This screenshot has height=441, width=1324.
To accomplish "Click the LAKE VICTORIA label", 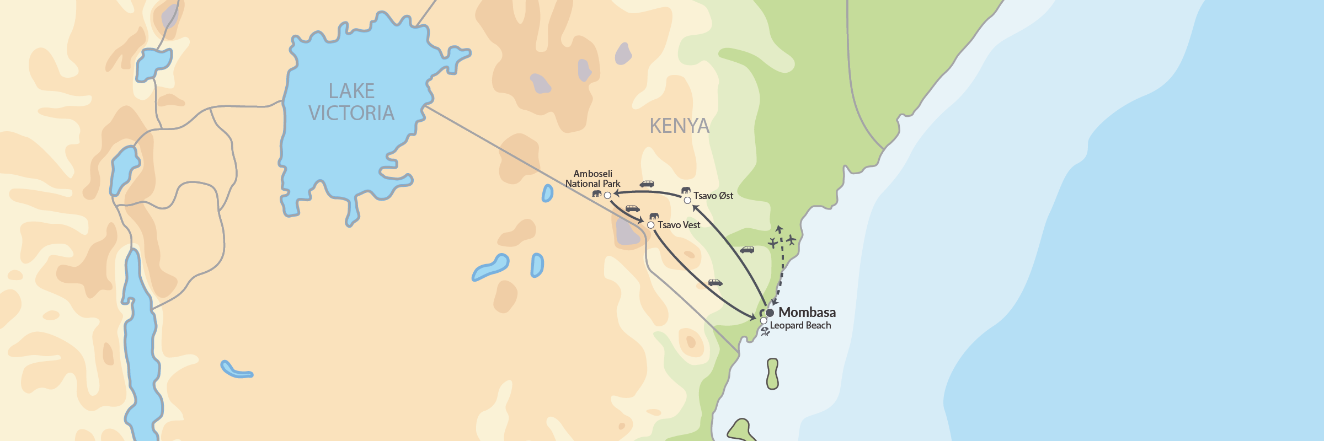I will point(351,102).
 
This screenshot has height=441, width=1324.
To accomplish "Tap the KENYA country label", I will point(679,126).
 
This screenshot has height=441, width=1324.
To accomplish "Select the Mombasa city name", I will point(807,313).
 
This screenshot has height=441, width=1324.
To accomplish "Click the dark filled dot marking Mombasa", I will point(770,313).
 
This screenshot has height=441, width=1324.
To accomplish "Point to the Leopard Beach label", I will point(800,325).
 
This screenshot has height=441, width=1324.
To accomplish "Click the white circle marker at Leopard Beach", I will point(764,321).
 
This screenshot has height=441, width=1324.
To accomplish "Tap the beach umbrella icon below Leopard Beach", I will point(765,332).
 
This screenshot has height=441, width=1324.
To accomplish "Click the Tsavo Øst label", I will point(713,196).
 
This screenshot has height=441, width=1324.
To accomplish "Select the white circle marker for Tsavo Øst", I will point(687,200).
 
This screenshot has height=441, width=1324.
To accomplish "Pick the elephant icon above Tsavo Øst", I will point(686,190).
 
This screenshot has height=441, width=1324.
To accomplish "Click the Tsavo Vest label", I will point(679,225).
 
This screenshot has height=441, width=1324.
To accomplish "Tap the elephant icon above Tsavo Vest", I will point(654,216).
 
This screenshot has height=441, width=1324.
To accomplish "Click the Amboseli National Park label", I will point(592,179).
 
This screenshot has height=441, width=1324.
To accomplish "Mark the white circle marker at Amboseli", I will point(607,195).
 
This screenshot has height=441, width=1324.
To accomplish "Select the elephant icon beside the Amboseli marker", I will point(596,193).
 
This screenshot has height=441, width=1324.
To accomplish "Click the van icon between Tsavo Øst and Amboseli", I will point(647,184).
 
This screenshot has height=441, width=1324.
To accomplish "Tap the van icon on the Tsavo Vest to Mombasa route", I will point(716,283).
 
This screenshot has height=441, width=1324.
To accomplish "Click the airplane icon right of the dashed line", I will point(792,240).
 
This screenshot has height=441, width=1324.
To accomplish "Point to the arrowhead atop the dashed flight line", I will point(779,228).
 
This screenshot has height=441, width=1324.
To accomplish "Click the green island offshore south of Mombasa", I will point(772,374).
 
